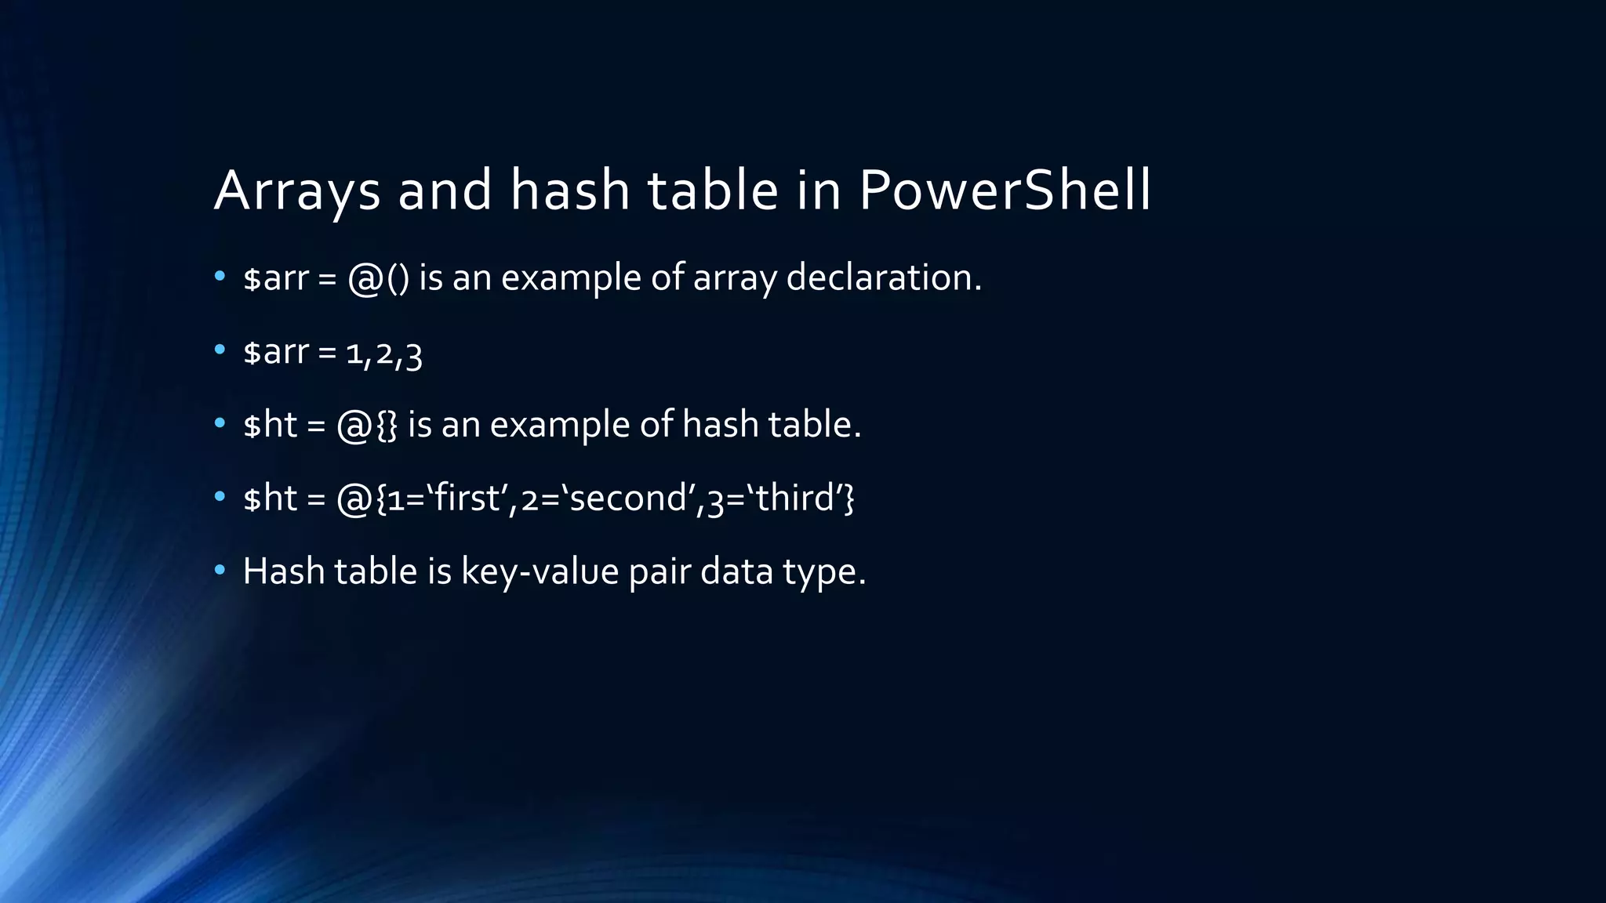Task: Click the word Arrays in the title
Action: [x=297, y=190]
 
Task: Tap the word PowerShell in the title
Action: [x=1005, y=190]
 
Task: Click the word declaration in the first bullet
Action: [x=883, y=277]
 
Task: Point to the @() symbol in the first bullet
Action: [x=378, y=278]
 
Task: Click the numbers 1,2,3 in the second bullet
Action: [x=384, y=353]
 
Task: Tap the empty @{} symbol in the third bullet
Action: [x=367, y=425]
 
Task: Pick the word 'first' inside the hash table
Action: [x=467, y=499]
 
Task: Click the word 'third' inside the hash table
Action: [x=794, y=499]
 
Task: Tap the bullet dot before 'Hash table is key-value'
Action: [x=220, y=570]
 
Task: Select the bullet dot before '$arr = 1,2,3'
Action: [x=220, y=350]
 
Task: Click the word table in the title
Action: [x=713, y=190]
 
